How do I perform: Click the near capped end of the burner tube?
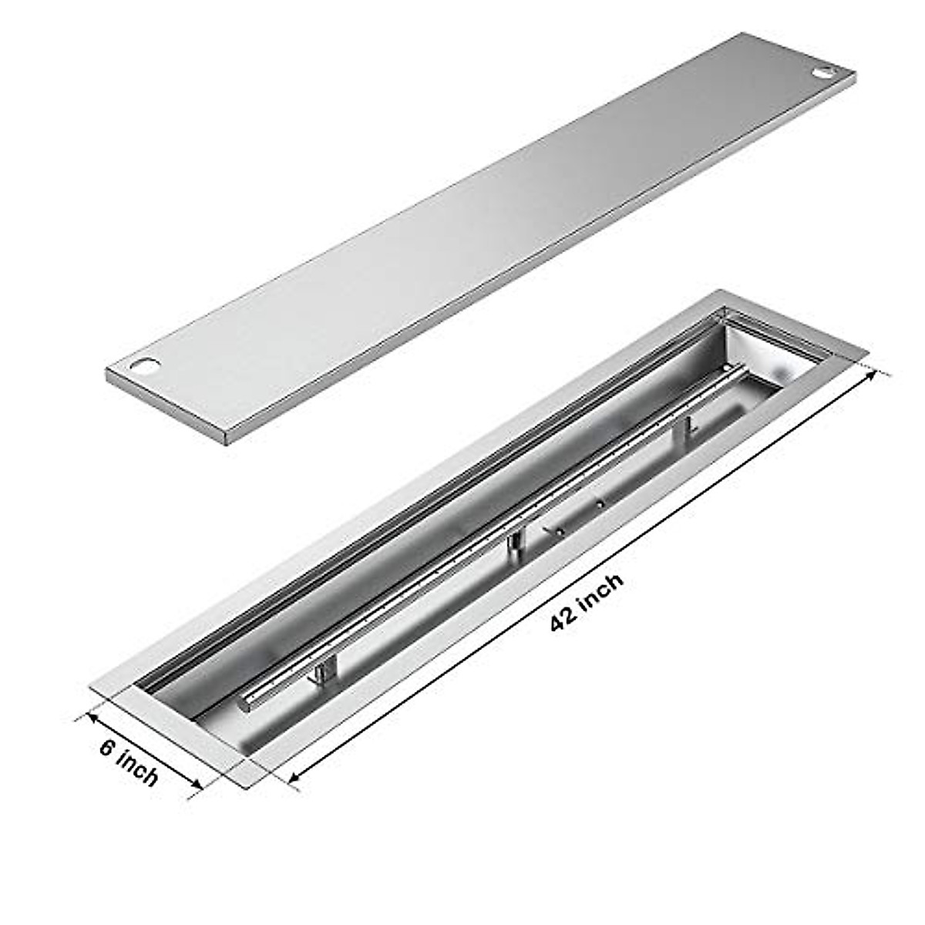coord(245,701)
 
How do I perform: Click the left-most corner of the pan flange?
coord(91,686)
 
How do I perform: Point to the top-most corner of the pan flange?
coord(721,291)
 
